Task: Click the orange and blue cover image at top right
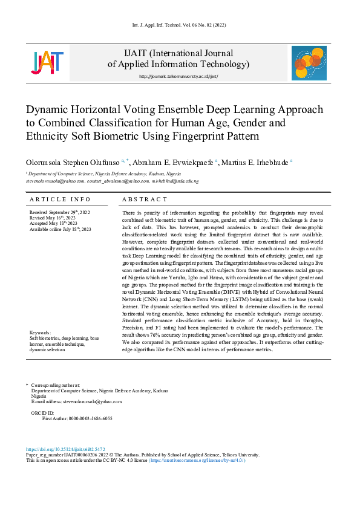309,63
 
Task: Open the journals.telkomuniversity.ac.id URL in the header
178,77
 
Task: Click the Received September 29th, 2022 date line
59,213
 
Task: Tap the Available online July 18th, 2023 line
60,229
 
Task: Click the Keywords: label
42,333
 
